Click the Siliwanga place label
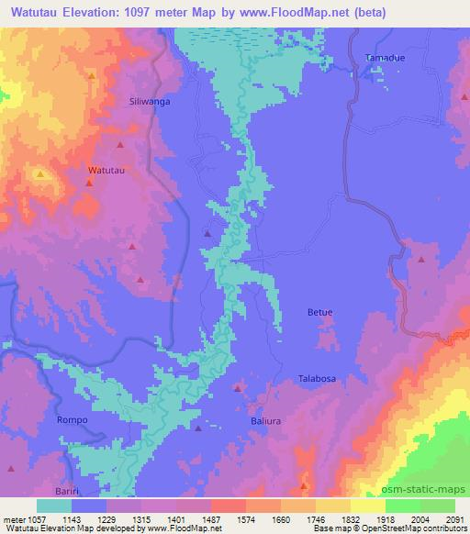pos(151,102)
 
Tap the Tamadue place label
pos(384,58)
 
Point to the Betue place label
pos(319,313)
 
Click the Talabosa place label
pos(318,378)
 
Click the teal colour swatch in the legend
pos(53,506)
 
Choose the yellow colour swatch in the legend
pos(367,506)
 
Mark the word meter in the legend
pos(14,518)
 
